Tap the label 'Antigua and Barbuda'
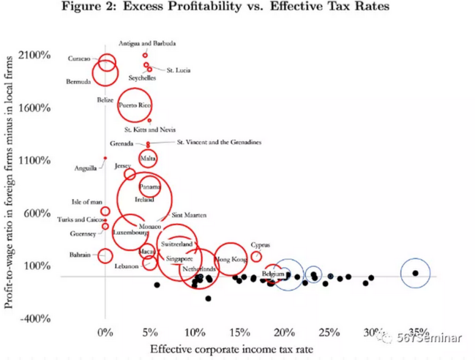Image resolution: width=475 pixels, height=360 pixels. [147, 44]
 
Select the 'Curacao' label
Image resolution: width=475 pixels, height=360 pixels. [78, 59]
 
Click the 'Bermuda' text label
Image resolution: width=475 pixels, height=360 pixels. [78, 81]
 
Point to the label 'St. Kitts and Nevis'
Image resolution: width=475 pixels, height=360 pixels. [150, 130]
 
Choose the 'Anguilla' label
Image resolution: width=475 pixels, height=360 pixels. [85, 168]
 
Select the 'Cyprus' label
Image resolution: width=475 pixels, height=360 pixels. [261, 245]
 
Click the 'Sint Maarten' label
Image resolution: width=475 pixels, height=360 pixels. [189, 215]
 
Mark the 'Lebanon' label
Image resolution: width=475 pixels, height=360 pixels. [127, 266]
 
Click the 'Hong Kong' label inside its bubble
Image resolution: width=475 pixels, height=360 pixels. [230, 260]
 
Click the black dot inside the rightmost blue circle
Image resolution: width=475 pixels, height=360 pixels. [416, 273]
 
